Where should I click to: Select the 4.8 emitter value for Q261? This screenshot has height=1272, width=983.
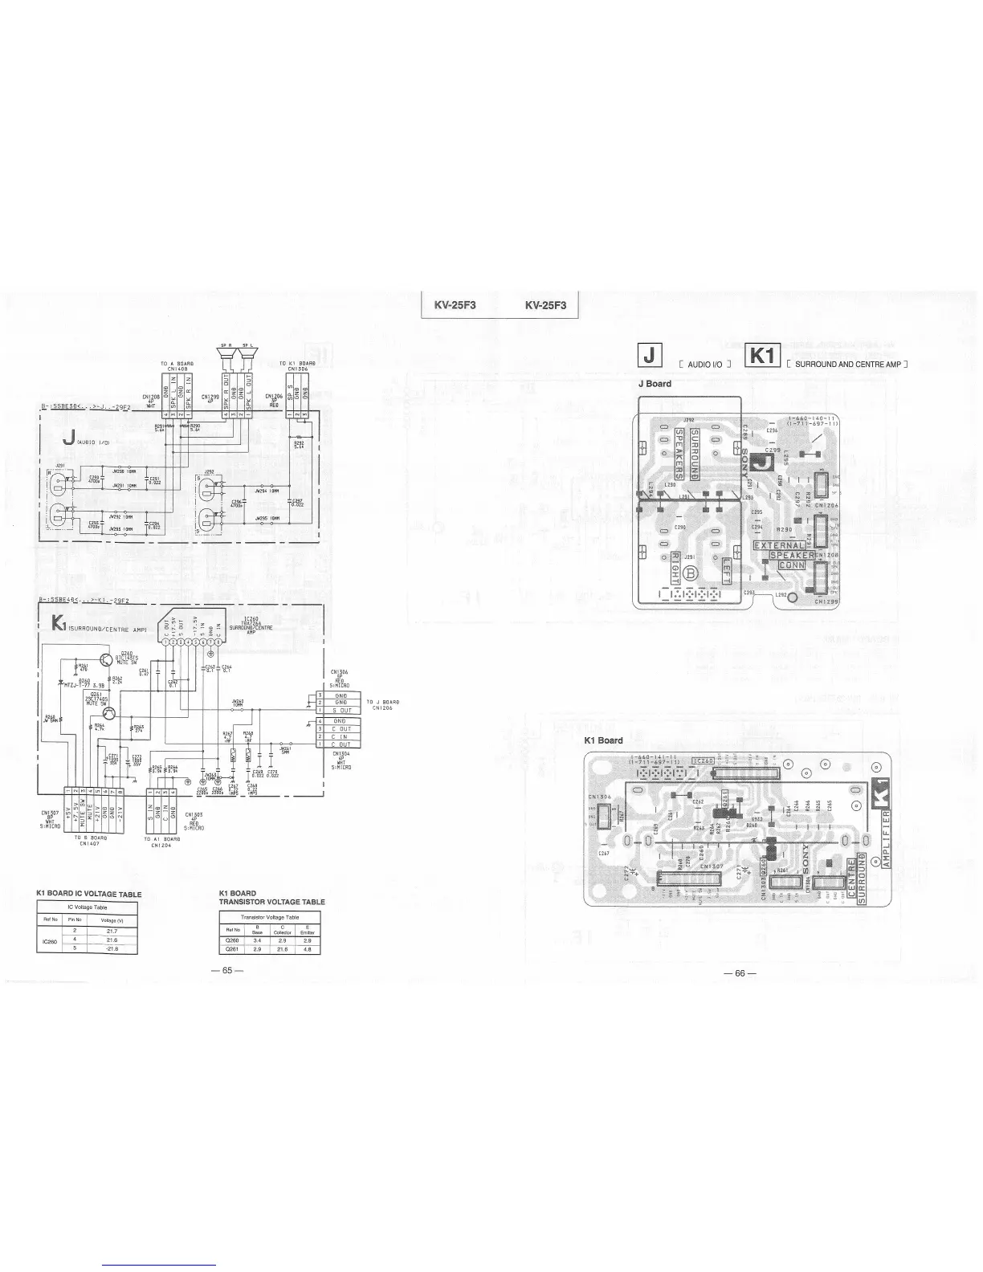pos(308,948)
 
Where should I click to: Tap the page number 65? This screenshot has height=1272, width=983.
pos(227,970)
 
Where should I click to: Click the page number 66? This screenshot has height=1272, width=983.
pos(740,974)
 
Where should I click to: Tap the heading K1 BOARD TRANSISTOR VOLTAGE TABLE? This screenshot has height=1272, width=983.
pos(271,898)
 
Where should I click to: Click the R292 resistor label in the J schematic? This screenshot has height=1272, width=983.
pos(299,443)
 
